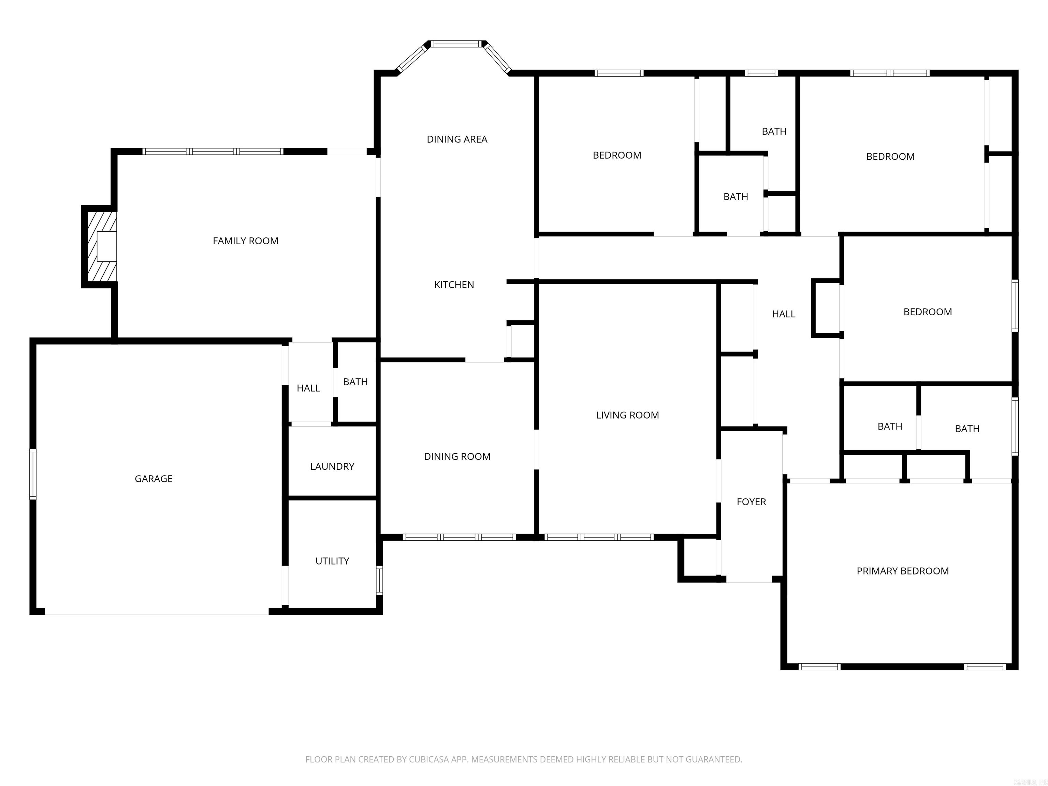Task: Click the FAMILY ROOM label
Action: coord(245,241)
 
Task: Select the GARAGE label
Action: coord(154,479)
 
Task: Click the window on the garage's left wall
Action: coord(33,474)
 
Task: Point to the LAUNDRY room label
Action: coord(332,466)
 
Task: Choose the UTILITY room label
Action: coord(332,561)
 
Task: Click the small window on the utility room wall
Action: coord(379,580)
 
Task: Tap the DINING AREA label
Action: coord(457,139)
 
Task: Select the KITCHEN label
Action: coord(454,284)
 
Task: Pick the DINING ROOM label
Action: coord(457,456)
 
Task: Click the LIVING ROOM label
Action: coord(627,415)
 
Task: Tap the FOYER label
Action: coord(751,502)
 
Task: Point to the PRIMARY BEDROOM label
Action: coord(903,571)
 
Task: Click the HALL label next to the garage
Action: coord(308,388)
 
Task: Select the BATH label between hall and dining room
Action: coord(355,381)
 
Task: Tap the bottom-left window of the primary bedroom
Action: coord(819,667)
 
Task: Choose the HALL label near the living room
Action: coord(784,314)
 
